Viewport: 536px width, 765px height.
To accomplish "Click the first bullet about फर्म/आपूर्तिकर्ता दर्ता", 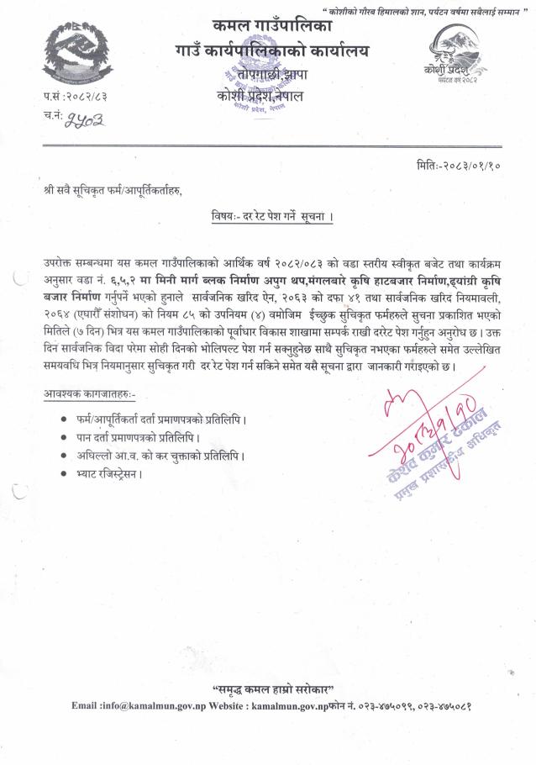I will [x=161, y=418].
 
